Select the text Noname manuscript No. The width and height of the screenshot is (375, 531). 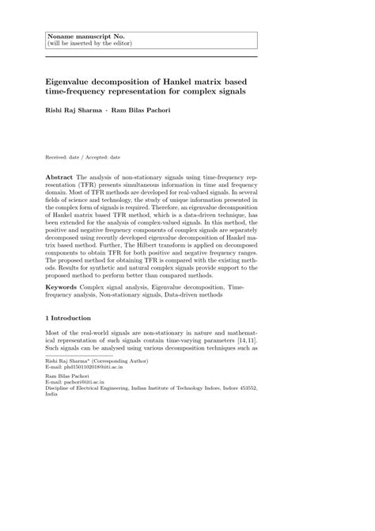[81, 36]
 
